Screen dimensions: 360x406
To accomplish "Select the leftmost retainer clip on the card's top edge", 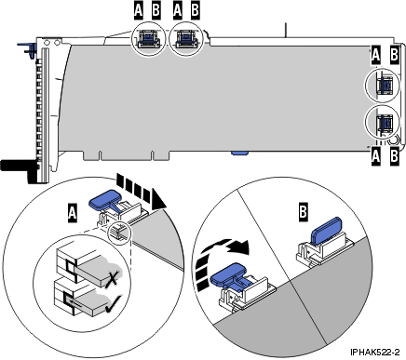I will tap(146, 38).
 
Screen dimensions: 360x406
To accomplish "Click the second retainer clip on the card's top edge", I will tap(184, 38).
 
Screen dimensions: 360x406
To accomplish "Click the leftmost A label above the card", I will tap(138, 10).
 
